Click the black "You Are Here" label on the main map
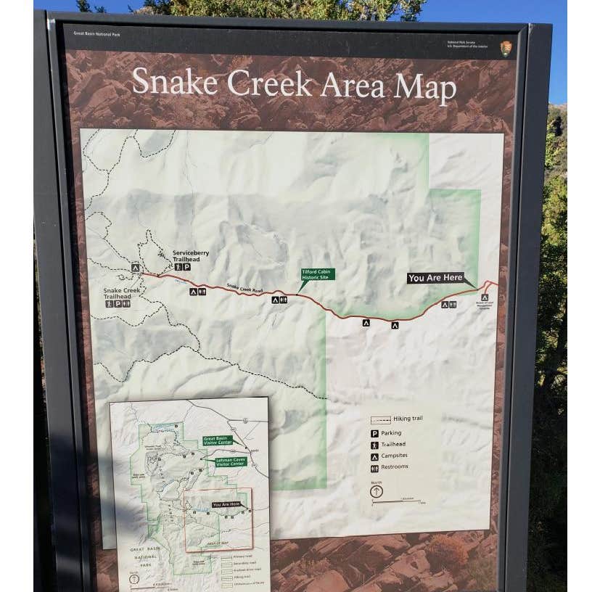point(435,278)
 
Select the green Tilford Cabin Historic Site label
point(318,275)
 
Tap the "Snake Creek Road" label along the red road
point(244,288)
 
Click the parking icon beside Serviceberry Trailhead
point(186,267)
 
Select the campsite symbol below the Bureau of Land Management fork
point(484,297)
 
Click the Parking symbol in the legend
point(374,433)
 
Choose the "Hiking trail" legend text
point(408,419)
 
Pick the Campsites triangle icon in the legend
point(374,456)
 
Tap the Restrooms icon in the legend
point(374,468)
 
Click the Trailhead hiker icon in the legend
point(374,445)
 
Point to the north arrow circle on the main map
point(376,491)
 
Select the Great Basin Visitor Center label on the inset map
point(218,440)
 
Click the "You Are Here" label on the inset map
point(226,504)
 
